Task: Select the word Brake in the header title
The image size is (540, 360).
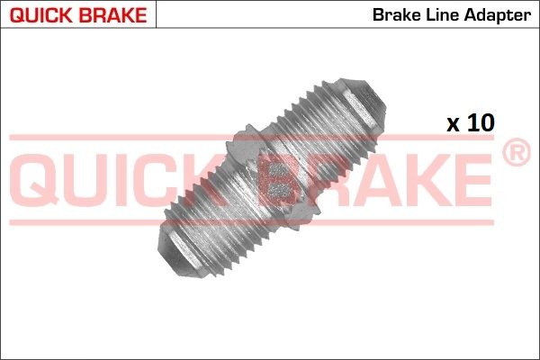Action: click(x=392, y=14)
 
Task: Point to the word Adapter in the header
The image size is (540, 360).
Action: click(x=496, y=14)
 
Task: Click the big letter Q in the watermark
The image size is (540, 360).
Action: click(x=40, y=180)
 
